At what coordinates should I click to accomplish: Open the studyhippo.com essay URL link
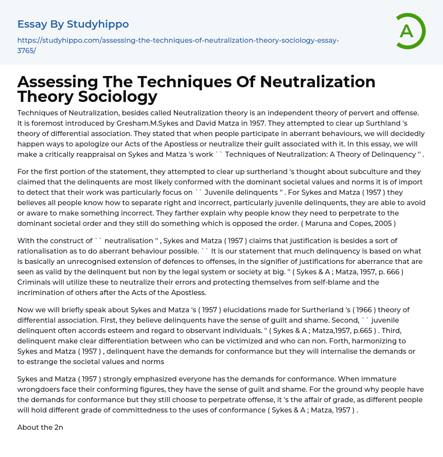point(178,45)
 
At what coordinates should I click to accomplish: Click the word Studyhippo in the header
point(98,24)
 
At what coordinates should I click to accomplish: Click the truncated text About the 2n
point(40,427)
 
